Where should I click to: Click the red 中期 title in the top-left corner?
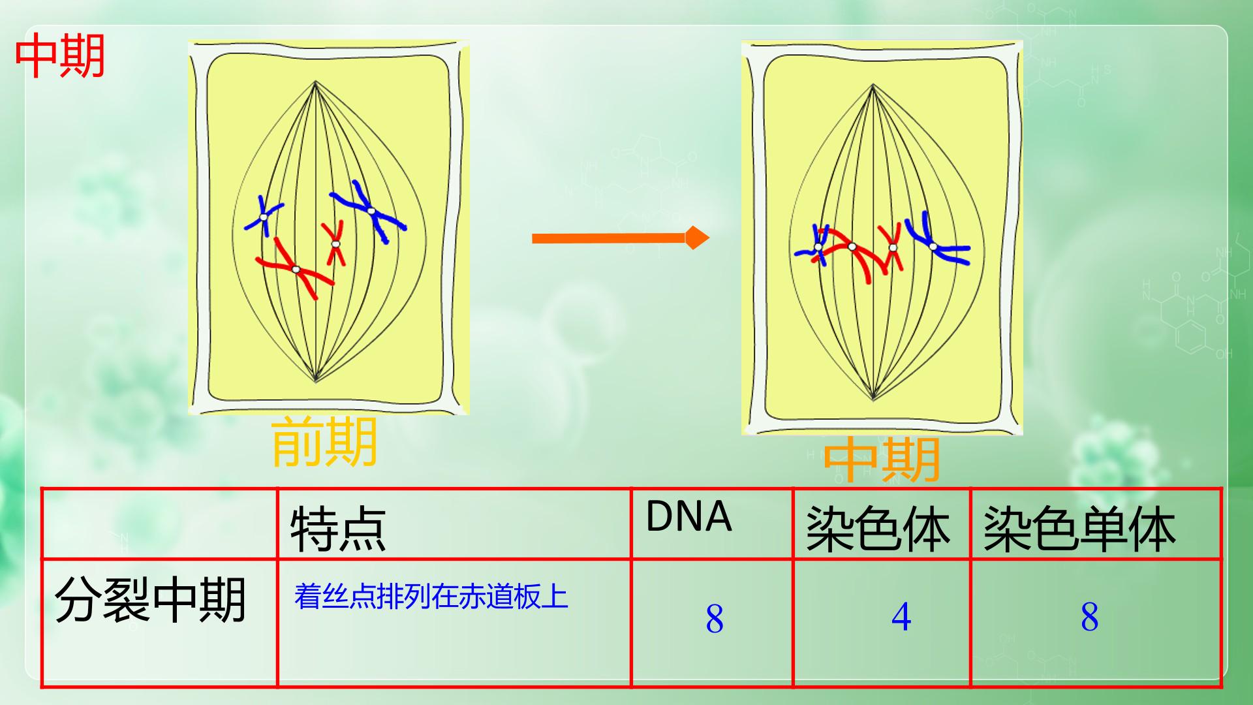coord(60,56)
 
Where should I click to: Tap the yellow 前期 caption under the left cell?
coord(324,442)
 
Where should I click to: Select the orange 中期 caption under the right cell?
coord(882,459)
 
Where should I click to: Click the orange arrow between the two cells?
coord(621,238)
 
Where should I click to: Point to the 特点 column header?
coord(338,528)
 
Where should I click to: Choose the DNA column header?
coord(688,516)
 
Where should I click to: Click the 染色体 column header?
coord(878,528)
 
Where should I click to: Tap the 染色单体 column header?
coord(1079,528)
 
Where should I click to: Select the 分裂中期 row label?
coord(150,599)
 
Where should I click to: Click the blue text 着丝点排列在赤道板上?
coord(431,596)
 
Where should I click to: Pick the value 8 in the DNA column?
coord(715,618)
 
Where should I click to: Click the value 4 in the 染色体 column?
coord(901,617)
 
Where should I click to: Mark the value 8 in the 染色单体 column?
coord(1089,617)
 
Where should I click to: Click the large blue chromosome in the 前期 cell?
coord(371,211)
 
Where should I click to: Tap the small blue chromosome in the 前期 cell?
coord(264,216)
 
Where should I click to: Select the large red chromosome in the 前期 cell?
coord(296,269)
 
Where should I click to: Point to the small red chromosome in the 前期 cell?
coord(335,243)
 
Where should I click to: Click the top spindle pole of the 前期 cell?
coord(315,82)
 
